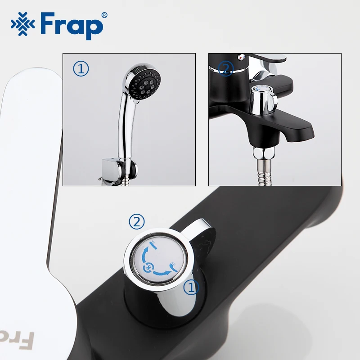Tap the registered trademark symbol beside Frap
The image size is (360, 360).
[105, 15]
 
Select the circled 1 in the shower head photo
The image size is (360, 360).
[81, 68]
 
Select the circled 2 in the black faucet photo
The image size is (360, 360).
[225, 68]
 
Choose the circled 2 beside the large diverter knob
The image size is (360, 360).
[137, 221]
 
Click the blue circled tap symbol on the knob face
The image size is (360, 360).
[148, 269]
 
